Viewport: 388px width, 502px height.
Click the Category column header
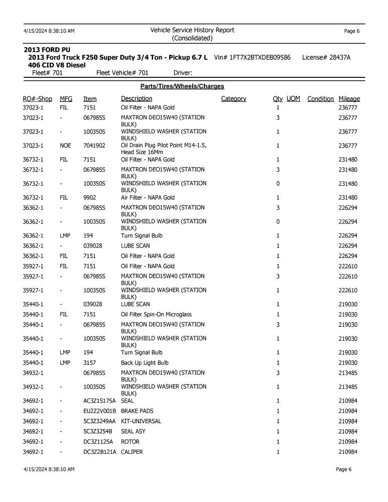tap(233, 99)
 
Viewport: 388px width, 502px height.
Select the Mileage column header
tap(349, 99)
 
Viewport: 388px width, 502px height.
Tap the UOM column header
tap(293, 99)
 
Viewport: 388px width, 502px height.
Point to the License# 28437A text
tap(326, 58)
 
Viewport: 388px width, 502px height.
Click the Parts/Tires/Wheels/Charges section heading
tap(182, 86)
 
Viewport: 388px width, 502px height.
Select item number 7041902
tap(94, 146)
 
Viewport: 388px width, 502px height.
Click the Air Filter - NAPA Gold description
tap(148, 198)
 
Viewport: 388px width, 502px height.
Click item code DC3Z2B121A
tap(99, 452)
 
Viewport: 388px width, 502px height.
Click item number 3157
tap(90, 363)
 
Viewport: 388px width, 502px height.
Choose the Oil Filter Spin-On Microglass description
tap(156, 315)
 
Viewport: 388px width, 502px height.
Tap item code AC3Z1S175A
tap(99, 401)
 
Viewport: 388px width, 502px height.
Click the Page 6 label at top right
tap(351, 31)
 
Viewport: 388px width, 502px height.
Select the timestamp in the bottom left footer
tap(49, 469)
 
